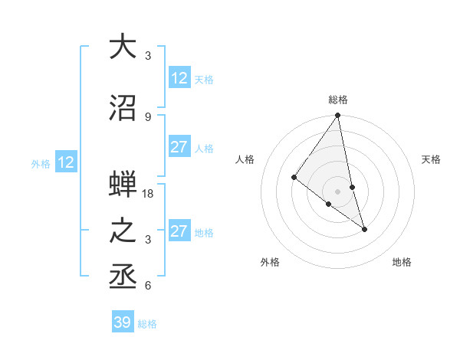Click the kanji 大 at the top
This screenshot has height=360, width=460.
pyautogui.click(x=123, y=47)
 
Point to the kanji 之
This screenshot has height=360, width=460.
pyautogui.click(x=123, y=231)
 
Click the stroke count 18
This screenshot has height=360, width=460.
pyautogui.click(x=148, y=194)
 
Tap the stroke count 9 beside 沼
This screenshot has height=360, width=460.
pyautogui.click(x=148, y=116)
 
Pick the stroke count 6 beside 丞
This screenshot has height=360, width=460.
pyautogui.click(x=148, y=286)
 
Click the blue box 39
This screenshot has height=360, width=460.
pyautogui.click(x=122, y=322)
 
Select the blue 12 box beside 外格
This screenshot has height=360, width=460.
pyautogui.click(x=65, y=162)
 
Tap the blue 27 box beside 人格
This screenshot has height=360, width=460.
pyautogui.click(x=179, y=147)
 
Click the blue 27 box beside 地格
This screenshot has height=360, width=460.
pyautogui.click(x=179, y=231)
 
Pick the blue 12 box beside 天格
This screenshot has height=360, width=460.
pyautogui.click(x=179, y=78)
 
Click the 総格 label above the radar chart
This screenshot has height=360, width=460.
pyautogui.click(x=338, y=100)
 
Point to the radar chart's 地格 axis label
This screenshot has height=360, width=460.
pyautogui.click(x=402, y=262)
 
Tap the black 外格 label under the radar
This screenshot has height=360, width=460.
pyautogui.click(x=270, y=262)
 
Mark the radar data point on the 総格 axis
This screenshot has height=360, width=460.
pyautogui.click(x=338, y=116)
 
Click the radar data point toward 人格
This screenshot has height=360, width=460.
pyautogui.click(x=294, y=177)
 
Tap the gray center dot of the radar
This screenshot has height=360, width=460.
pyautogui.click(x=338, y=191)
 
